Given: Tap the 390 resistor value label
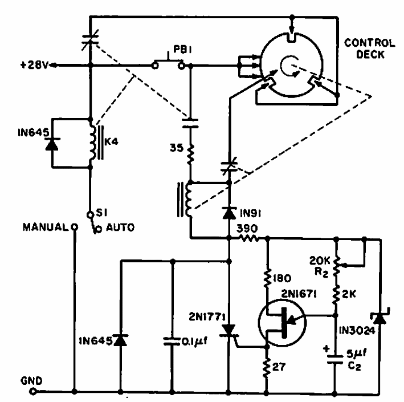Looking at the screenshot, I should (x=250, y=229).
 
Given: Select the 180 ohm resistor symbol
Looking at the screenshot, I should (x=267, y=278).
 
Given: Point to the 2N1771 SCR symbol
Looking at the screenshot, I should (x=230, y=330).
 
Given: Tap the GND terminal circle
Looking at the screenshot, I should (x=34, y=392).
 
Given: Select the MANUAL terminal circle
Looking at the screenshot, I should (x=74, y=226).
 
